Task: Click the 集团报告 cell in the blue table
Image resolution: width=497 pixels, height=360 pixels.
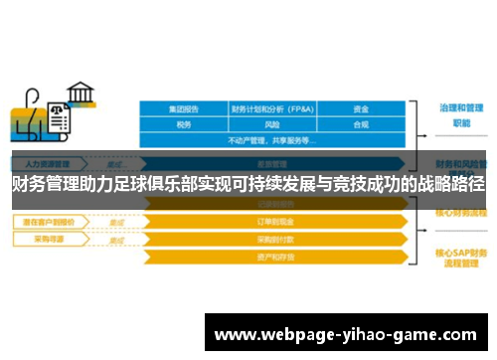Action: (x=184, y=109)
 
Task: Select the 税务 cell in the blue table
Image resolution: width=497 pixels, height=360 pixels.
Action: (x=184, y=125)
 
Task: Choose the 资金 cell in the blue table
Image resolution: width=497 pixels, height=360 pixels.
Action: (x=361, y=109)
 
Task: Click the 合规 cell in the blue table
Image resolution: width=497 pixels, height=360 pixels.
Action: (x=361, y=125)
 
